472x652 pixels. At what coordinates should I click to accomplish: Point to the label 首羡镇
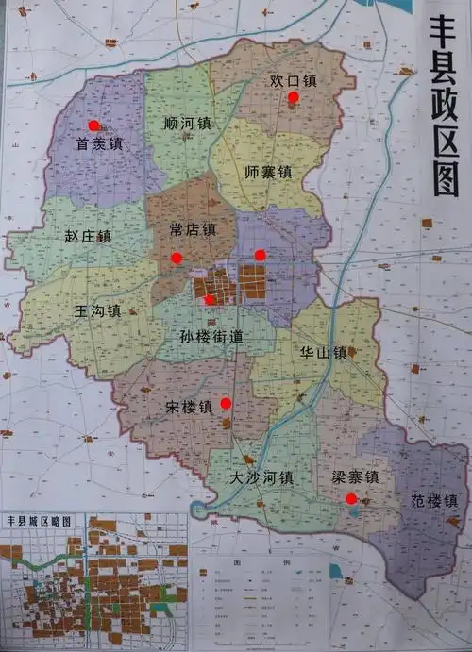(100, 144)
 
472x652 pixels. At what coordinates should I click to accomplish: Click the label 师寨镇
(267, 173)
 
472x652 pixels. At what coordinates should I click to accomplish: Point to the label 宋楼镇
(189, 408)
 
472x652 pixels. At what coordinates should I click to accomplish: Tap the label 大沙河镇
(261, 478)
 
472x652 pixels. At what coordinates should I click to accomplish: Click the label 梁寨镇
(354, 477)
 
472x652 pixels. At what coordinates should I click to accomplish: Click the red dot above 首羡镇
(93, 125)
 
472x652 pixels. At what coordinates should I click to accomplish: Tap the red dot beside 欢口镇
(294, 96)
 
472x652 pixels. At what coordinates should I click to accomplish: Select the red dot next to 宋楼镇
(226, 404)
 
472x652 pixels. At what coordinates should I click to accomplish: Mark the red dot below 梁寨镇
(351, 498)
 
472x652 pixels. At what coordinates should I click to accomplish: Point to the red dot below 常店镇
(176, 258)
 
